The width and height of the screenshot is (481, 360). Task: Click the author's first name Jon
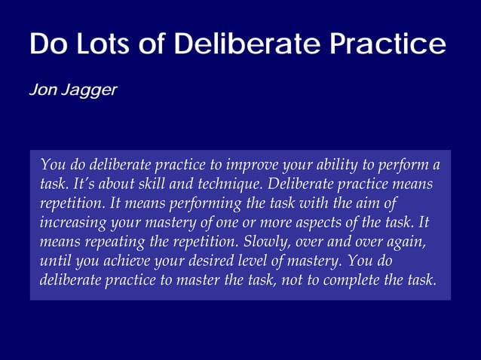41,90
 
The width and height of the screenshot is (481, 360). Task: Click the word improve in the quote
257,165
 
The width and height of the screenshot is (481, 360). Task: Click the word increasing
73,224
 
